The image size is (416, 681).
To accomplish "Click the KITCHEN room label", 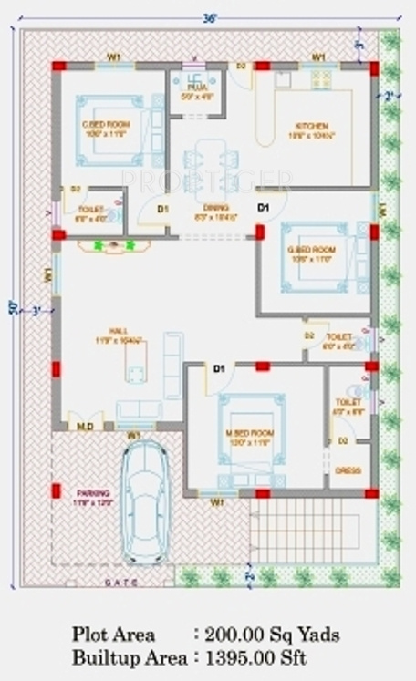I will pos(310,126).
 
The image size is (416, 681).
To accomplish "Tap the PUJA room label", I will pos(196,88).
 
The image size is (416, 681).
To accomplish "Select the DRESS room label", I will pos(346,471).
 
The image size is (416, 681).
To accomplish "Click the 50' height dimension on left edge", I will pos(12,308).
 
